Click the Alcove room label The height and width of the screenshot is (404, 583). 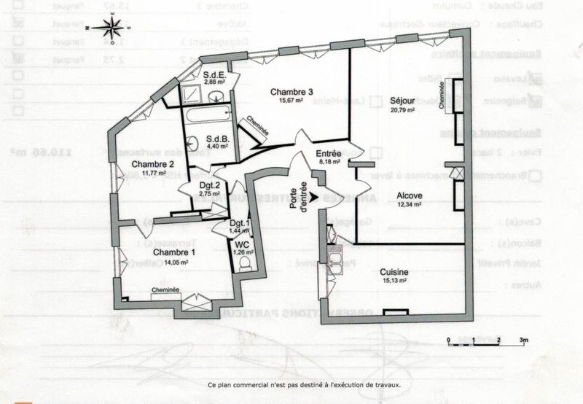pos(409,196)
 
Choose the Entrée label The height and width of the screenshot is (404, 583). pos(328,154)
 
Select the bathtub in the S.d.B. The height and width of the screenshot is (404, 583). pos(208,115)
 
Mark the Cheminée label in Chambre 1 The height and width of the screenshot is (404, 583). pos(165,289)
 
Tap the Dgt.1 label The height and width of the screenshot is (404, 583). pos(240,223)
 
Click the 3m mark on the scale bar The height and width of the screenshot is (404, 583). pos(523,341)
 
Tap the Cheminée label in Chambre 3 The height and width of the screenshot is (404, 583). pos(257,127)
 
